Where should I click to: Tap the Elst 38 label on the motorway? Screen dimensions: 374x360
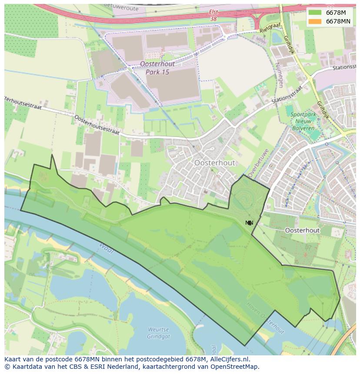[213, 16]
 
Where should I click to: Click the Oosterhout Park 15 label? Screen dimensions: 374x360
[154, 68]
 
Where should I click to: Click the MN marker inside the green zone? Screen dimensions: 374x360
[249, 223]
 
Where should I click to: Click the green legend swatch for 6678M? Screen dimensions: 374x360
[315, 13]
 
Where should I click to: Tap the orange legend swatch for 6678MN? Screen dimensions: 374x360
[315, 21]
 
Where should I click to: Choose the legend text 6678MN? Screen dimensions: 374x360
[338, 21]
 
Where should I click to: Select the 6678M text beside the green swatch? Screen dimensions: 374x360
[336, 13]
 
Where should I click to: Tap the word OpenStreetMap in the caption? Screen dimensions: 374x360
[235, 367]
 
